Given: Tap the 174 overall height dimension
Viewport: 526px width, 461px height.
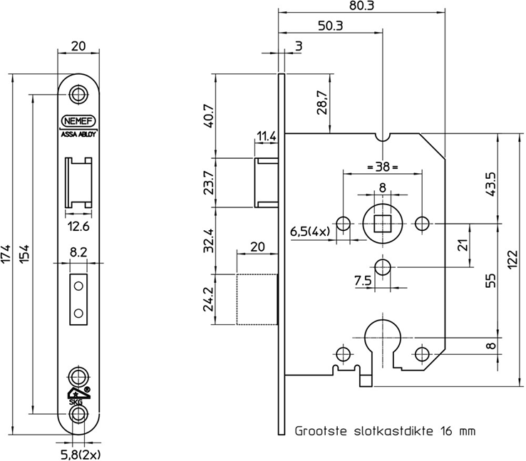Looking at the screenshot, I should coord(8,253).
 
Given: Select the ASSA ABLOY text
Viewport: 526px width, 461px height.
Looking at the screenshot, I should coord(78,133).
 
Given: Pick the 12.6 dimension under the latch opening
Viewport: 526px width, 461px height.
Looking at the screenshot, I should coord(78,227).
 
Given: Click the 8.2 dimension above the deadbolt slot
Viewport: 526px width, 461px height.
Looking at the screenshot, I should coord(78,252).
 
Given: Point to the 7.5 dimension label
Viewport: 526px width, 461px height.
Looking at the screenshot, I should coord(363,280).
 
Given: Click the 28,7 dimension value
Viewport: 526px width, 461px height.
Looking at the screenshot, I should coord(321,103).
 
